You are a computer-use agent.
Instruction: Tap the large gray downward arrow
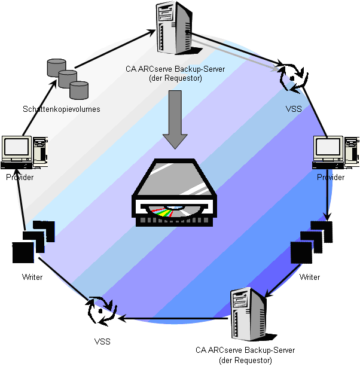175,119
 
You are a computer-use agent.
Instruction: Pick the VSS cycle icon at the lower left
101,311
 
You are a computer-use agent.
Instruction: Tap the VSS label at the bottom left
102,341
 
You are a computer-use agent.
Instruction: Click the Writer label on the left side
32,277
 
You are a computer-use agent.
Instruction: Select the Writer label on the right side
310,277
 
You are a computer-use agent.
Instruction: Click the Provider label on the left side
20,178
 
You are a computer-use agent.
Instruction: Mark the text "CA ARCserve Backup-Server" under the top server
175,69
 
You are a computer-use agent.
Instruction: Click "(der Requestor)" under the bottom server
245,360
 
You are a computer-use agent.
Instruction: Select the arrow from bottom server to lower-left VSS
173,318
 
